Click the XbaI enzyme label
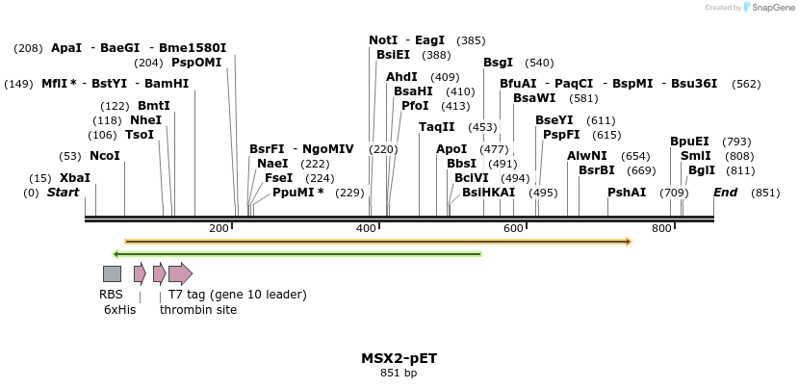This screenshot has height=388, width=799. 74,178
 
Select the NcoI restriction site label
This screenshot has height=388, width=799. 104,156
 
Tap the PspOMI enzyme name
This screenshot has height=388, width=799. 196,63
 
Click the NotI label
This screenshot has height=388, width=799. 383,40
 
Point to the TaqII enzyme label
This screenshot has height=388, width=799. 436,127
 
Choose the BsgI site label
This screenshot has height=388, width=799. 498,63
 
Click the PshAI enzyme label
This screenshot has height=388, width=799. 627,193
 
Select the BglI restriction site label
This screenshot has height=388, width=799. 702,170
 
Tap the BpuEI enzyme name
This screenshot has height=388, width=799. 689,142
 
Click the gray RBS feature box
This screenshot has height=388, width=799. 112,273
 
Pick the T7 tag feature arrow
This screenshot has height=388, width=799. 180,273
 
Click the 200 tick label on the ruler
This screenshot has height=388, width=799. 219,228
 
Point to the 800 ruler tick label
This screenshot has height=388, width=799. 661,228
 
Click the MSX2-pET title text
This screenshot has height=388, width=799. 399,358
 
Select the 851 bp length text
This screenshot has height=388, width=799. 399,373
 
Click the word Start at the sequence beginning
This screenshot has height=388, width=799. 63,193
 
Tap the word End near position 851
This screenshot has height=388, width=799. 725,193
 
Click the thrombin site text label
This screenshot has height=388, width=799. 198,310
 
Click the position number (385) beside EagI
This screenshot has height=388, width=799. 471,40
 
